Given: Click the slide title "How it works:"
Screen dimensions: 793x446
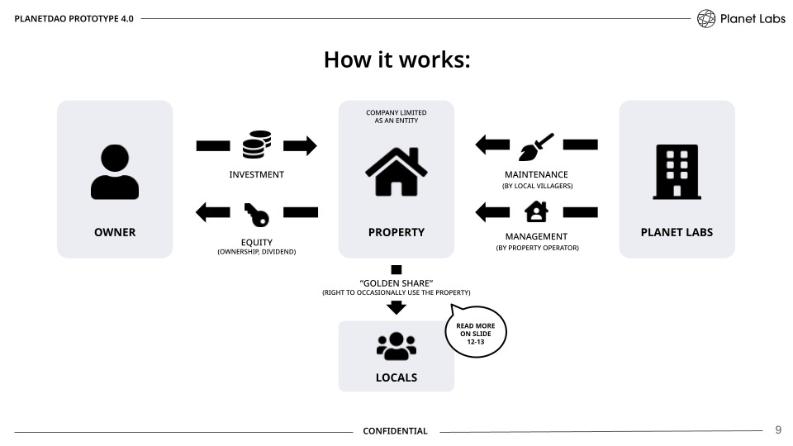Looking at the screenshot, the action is [396, 60].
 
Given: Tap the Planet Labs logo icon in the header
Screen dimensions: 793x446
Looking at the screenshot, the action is [706, 18].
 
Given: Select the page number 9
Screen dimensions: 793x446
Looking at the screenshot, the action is [777, 430].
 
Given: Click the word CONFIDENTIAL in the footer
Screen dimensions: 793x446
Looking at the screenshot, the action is [396, 431].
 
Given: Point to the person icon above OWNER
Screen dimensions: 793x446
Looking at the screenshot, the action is [115, 172].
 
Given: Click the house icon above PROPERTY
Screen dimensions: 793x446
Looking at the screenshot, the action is [396, 168].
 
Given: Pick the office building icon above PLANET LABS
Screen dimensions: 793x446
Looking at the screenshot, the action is [677, 172].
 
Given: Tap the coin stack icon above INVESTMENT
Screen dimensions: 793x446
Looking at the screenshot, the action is [256, 145].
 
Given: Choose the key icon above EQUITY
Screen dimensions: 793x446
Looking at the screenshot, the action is [256, 214].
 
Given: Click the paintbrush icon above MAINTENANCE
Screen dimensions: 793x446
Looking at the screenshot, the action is [536, 146].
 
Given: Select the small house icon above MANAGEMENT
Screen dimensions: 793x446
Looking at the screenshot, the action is [536, 212].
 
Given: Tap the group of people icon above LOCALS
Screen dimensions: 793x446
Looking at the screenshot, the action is [396, 347].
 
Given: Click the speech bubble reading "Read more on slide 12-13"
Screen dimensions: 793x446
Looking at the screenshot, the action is [476, 332].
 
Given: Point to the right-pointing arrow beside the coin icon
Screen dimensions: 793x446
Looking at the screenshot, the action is [301, 146].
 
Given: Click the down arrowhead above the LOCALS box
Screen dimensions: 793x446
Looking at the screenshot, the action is [396, 307].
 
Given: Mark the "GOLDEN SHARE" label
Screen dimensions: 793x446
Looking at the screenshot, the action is [396, 283].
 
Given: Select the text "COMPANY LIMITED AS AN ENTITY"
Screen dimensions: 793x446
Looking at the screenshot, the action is [396, 116].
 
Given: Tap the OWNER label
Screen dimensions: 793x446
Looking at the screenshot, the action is [115, 232].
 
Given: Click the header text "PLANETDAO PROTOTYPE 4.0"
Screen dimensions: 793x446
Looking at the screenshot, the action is [74, 18].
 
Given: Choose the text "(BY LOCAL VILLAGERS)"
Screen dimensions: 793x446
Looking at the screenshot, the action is [537, 187].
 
